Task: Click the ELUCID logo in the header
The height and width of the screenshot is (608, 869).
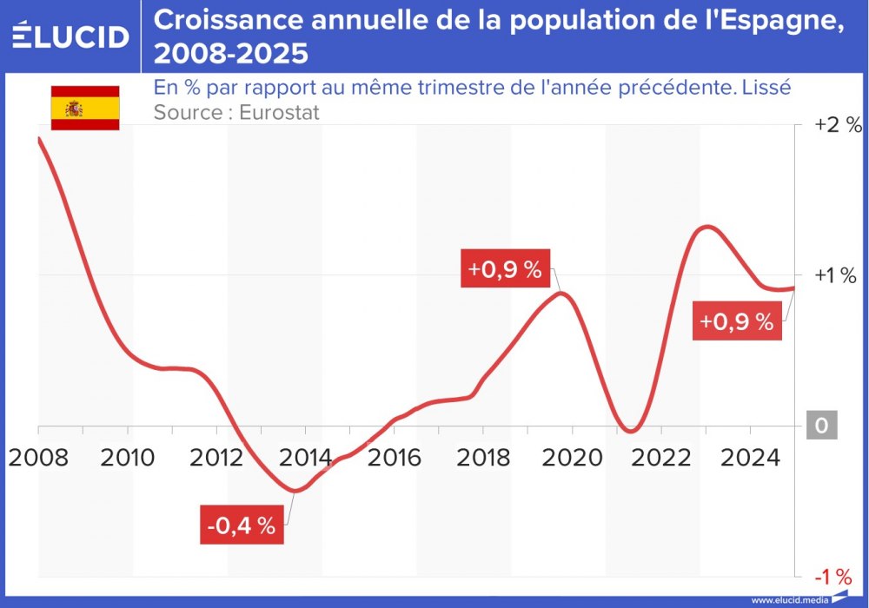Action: coord(70,36)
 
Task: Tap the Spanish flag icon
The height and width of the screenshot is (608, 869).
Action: coord(84,109)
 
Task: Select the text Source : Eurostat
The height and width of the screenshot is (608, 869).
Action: coord(236,112)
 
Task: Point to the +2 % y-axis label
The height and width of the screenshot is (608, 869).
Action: coord(837,125)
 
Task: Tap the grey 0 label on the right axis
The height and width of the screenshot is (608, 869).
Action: coord(821,426)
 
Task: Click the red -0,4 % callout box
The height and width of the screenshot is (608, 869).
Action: coord(242,525)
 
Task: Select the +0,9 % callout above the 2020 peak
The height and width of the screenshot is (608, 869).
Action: coord(505,269)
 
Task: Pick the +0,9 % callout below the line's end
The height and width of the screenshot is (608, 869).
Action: coord(736,322)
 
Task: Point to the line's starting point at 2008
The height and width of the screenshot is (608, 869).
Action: coord(39,138)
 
